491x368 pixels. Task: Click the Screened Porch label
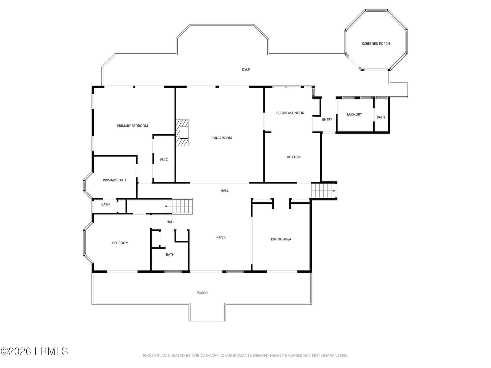coord(376,44)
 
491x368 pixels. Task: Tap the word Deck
coord(246,70)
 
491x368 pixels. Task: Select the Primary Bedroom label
coord(133,126)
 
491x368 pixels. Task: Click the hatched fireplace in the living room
coord(182,132)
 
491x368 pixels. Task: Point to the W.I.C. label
coord(164,159)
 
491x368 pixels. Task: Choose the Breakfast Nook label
coord(290,113)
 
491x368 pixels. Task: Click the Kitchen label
coord(294,157)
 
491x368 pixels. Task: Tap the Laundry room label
coord(354,114)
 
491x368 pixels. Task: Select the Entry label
coord(327,120)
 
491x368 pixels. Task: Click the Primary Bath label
coord(114,180)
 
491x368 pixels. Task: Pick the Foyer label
coord(220,237)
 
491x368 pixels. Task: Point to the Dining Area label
coord(281,239)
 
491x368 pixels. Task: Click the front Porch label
coord(202,293)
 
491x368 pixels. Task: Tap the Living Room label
coord(221,138)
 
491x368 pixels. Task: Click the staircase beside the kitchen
coord(324,190)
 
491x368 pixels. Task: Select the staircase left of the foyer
coord(179,206)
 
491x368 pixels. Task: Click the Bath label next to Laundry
coord(381,117)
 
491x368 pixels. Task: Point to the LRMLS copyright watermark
coord(34,351)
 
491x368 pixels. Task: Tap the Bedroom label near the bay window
coord(120,243)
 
